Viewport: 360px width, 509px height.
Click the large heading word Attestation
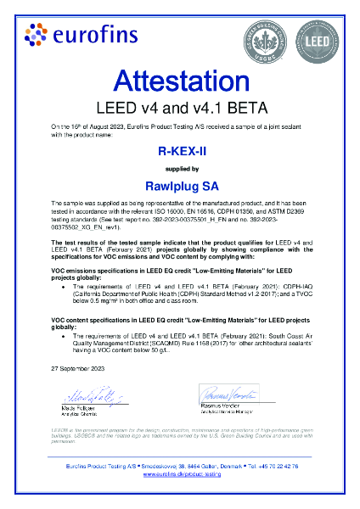pos(179,82)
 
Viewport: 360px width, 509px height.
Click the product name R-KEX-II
pos(179,152)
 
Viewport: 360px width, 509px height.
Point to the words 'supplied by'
pos(179,170)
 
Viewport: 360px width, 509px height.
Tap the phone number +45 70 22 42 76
pos(276,467)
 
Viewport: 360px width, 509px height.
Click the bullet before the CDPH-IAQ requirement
pos(65,288)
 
